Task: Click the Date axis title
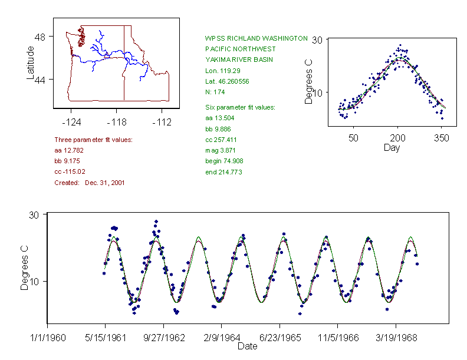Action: (x=247, y=346)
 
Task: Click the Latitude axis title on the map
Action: (x=31, y=62)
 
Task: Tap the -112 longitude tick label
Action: (x=161, y=123)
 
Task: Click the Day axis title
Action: (x=391, y=147)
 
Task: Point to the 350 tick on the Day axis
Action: (x=442, y=138)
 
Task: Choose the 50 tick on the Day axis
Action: (x=353, y=138)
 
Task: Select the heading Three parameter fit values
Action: (x=93, y=140)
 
